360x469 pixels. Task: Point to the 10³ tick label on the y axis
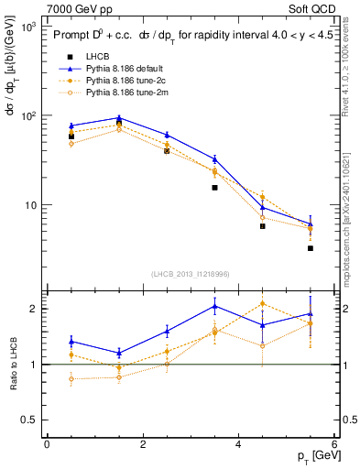pyautogui.click(x=28, y=27)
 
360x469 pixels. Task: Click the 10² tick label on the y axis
pyautogui.click(x=28, y=116)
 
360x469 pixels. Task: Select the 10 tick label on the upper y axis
pyautogui.click(x=30, y=205)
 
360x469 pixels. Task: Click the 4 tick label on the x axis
pyautogui.click(x=238, y=444)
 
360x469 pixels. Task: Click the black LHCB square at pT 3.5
pyautogui.click(x=214, y=188)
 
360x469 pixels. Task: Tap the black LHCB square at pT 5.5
pyautogui.click(x=311, y=248)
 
